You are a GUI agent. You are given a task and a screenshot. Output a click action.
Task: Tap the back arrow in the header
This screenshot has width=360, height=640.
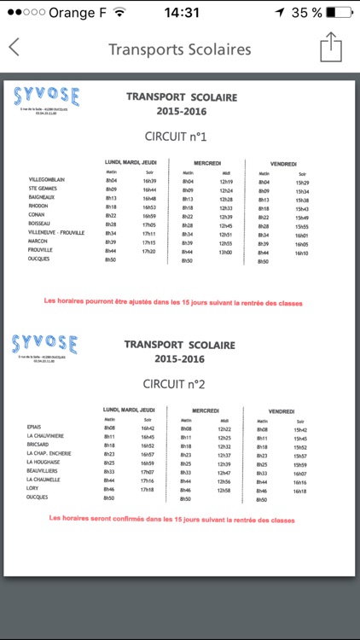coord(14,48)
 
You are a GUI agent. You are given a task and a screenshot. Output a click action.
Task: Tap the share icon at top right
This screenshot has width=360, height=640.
coord(331,47)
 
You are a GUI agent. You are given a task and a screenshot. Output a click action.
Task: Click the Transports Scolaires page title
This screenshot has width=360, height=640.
coord(180,49)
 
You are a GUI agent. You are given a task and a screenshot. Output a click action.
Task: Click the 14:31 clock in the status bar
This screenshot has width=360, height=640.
coord(181,13)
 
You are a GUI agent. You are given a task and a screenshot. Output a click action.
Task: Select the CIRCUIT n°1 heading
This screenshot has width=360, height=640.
coord(176,137)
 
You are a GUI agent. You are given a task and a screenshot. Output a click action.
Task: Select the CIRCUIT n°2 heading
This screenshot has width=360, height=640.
coord(176,385)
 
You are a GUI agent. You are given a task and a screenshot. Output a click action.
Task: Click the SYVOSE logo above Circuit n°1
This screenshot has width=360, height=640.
coord(47,96)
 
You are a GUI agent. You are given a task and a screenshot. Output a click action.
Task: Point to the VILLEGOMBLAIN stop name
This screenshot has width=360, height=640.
coord(47,180)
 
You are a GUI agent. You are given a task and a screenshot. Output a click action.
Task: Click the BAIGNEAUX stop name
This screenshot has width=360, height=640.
coord(42,197)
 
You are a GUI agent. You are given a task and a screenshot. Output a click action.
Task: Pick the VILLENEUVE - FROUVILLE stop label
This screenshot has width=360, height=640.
coord(56,233)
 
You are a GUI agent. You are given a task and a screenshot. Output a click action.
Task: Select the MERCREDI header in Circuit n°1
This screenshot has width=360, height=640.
coord(207,163)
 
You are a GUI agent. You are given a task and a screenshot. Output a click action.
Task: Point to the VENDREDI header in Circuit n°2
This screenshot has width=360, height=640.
coord(281,410)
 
